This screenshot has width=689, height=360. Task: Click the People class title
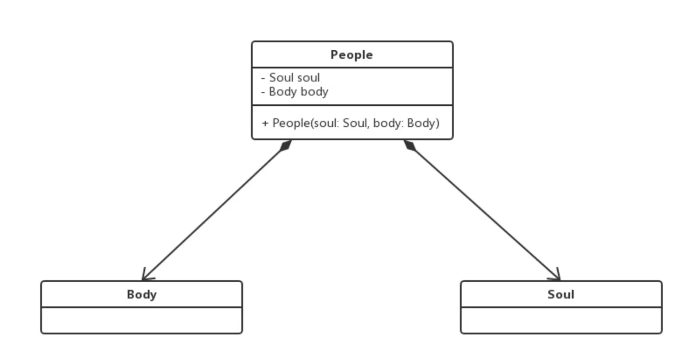pos(351,55)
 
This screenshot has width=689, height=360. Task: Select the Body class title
pos(141,294)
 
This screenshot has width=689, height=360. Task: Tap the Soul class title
pos(560,294)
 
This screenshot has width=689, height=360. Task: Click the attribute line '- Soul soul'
pos(291,78)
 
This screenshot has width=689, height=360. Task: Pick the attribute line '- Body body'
pos(295,92)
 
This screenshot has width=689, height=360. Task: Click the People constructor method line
pos(351,123)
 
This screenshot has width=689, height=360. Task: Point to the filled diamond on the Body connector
pos(285,145)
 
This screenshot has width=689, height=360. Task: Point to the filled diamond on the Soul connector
pos(410,145)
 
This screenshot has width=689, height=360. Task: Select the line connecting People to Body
pos(214,212)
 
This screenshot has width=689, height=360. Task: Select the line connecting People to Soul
pos(483,212)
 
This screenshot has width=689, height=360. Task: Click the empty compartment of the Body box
pos(141,320)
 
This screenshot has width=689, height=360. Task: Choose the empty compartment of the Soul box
pos(561,320)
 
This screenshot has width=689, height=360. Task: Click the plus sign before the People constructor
pos(265,123)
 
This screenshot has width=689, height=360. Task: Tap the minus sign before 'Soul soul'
pos(263,78)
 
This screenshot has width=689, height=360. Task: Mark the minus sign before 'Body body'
pos(263,92)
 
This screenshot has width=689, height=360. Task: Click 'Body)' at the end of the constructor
pos(423,123)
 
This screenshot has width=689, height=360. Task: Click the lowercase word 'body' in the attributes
pos(314,92)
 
